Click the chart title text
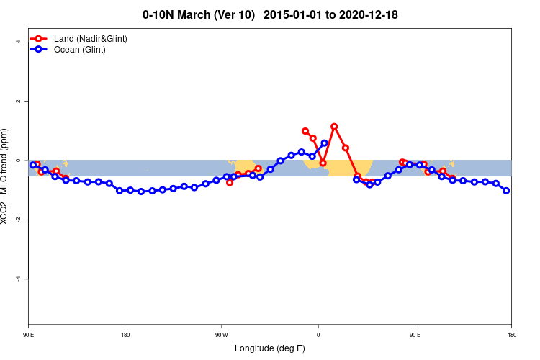click(x=270, y=14)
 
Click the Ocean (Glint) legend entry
click(x=79, y=49)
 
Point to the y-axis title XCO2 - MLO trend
click(x=5, y=176)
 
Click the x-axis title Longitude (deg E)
click(x=270, y=348)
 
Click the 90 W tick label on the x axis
click(x=221, y=335)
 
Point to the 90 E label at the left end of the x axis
click(x=29, y=335)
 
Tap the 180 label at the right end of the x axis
click(x=511, y=335)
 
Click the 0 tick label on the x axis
click(x=318, y=335)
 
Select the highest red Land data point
click(x=334, y=127)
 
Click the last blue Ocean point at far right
click(x=506, y=191)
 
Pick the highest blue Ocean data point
click(x=324, y=143)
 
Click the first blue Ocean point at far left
click(x=33, y=165)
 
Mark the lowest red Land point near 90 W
click(x=230, y=182)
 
